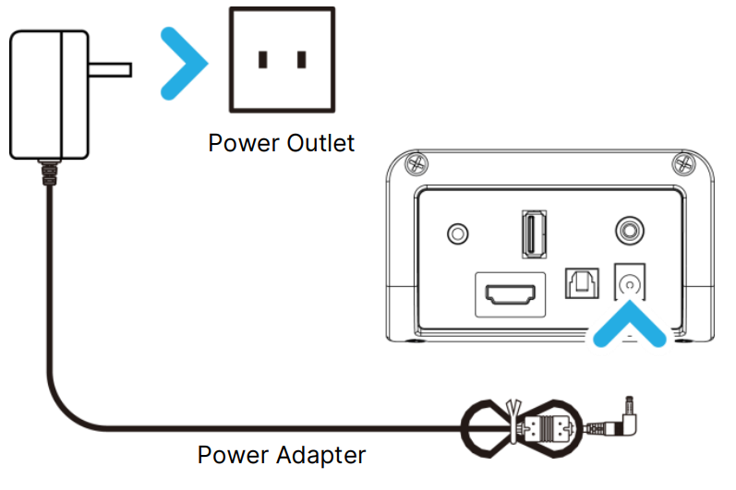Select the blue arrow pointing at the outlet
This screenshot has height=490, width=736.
coord(183,62)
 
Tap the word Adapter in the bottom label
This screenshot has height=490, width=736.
coord(323,455)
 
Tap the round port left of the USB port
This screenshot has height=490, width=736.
coord(456,233)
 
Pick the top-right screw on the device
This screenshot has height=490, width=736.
coord(685,165)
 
